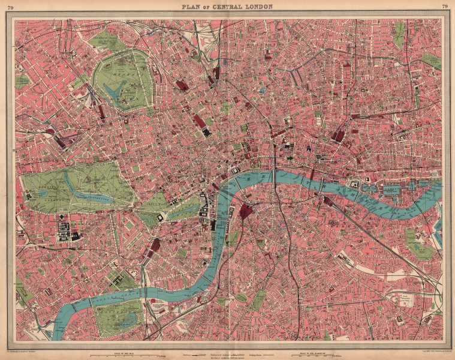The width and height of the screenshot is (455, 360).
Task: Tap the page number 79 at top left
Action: [x=10, y=7]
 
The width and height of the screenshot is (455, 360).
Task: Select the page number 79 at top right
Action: [x=444, y=7]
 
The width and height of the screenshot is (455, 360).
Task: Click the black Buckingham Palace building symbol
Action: [x=160, y=218]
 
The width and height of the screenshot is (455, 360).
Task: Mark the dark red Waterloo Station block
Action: [x=246, y=211]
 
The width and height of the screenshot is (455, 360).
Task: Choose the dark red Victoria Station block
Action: [x=155, y=245]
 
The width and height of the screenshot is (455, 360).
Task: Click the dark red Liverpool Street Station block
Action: [x=339, y=136]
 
